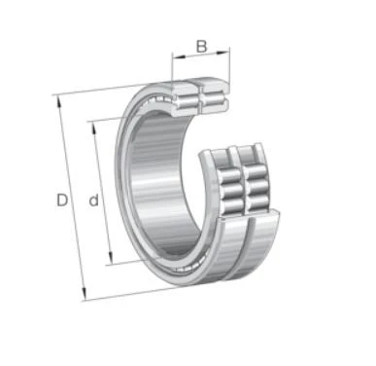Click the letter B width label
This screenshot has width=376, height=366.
tap(201, 47)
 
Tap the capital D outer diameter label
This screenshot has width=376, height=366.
tap(62, 200)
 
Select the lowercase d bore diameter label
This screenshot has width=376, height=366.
tap(93, 201)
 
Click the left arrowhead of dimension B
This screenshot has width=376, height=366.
tap(179, 56)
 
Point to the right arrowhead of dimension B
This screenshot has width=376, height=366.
tap(223, 52)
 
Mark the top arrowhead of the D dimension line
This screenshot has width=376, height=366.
tap(59, 101)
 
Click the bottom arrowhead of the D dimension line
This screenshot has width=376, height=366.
tap(84, 294)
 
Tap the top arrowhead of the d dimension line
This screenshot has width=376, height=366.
tap(94, 128)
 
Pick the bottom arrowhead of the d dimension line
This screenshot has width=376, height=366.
tap(111, 259)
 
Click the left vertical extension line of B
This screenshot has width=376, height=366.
tap(172, 67)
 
